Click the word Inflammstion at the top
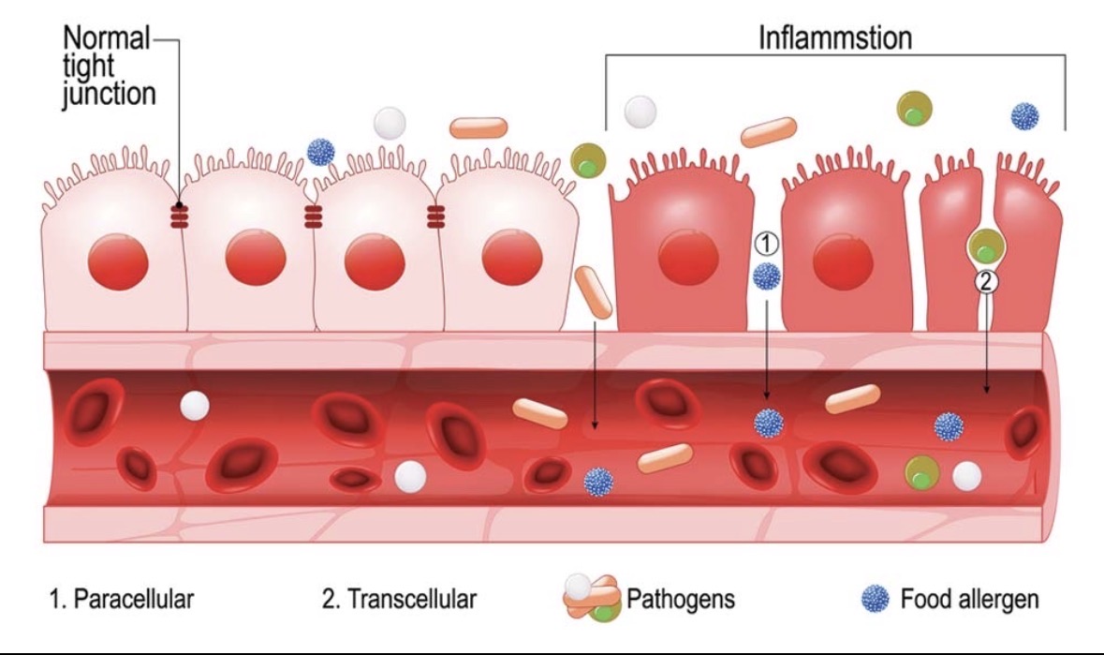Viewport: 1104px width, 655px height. pos(835,38)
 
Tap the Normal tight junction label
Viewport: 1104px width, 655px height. pos(107,67)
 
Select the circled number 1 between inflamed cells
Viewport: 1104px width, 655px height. pos(766,244)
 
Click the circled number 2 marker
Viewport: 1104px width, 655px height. pos(985,279)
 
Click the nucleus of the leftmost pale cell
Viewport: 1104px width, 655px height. pos(119,260)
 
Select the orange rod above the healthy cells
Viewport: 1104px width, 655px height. pos(478,127)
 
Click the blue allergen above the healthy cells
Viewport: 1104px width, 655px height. pos(321,151)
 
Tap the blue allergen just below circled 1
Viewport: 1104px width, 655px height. pos(766,275)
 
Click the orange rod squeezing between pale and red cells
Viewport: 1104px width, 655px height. pos(594,290)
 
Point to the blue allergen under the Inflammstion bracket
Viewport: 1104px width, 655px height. pos(1024,116)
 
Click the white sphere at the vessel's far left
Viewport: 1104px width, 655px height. pos(195,405)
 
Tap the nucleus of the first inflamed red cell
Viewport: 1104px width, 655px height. pos(688,257)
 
